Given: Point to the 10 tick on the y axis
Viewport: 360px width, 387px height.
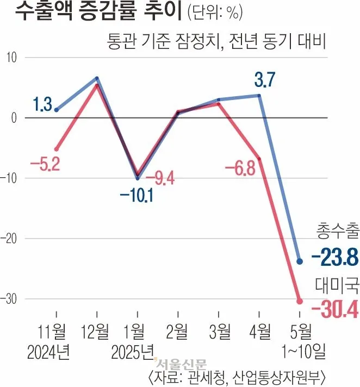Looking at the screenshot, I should [x=11, y=58].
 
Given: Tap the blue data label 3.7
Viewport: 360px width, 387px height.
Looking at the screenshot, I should [x=265, y=81].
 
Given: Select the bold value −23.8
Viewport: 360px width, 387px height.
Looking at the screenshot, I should [x=334, y=258].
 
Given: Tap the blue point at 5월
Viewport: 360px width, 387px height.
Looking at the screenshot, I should [x=299, y=261].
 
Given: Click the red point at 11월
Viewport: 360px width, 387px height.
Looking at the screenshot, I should [x=57, y=149].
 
